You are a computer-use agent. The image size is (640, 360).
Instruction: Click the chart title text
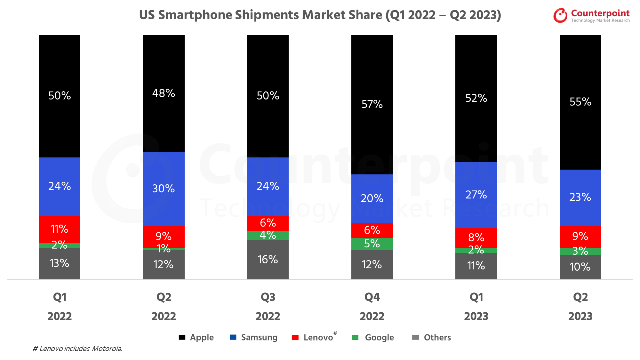click(x=320, y=15)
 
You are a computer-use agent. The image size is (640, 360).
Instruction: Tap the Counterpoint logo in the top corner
click(x=591, y=15)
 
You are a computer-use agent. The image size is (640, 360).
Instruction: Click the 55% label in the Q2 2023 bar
click(x=580, y=102)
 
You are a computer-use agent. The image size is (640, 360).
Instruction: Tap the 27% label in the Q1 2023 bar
click(x=476, y=195)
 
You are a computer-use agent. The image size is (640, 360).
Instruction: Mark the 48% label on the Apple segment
click(x=164, y=93)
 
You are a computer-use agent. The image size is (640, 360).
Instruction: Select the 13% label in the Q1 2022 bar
click(x=60, y=263)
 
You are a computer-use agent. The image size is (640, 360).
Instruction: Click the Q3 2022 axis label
click(x=268, y=307)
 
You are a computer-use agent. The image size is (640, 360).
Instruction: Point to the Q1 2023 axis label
click(x=476, y=307)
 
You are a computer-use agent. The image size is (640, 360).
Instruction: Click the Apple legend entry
click(x=196, y=337)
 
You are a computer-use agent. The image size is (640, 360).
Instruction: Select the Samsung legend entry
click(x=253, y=337)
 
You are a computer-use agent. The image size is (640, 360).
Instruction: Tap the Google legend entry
click(x=373, y=337)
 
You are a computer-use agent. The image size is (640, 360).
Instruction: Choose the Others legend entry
click(x=431, y=337)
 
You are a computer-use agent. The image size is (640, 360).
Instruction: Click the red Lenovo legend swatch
click(x=295, y=337)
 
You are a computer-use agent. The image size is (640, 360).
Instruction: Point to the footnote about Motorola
click(x=77, y=348)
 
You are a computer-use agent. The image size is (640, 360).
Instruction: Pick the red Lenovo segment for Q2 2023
click(x=580, y=236)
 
